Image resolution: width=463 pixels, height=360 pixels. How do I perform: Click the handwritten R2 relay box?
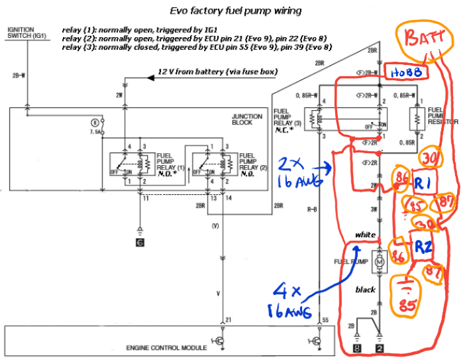(x=425, y=247)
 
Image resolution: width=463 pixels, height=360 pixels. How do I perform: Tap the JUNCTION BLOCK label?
(x=247, y=119)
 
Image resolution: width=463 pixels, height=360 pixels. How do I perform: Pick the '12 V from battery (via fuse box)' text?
(x=218, y=72)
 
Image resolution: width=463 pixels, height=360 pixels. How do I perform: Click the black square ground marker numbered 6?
(x=140, y=243)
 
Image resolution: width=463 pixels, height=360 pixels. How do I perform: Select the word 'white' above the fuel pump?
(x=365, y=235)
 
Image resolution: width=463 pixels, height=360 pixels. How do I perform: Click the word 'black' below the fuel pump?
(x=365, y=290)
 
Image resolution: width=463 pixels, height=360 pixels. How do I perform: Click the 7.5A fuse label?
(x=97, y=131)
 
